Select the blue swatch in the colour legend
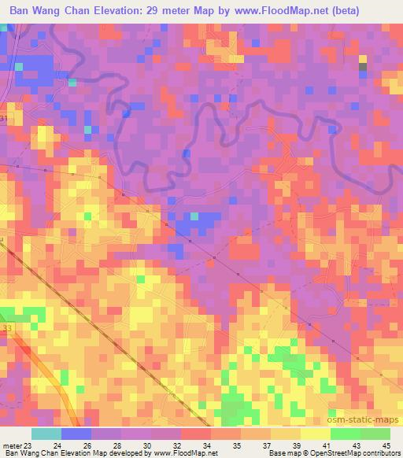(76, 434)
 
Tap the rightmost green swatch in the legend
(375, 434)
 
